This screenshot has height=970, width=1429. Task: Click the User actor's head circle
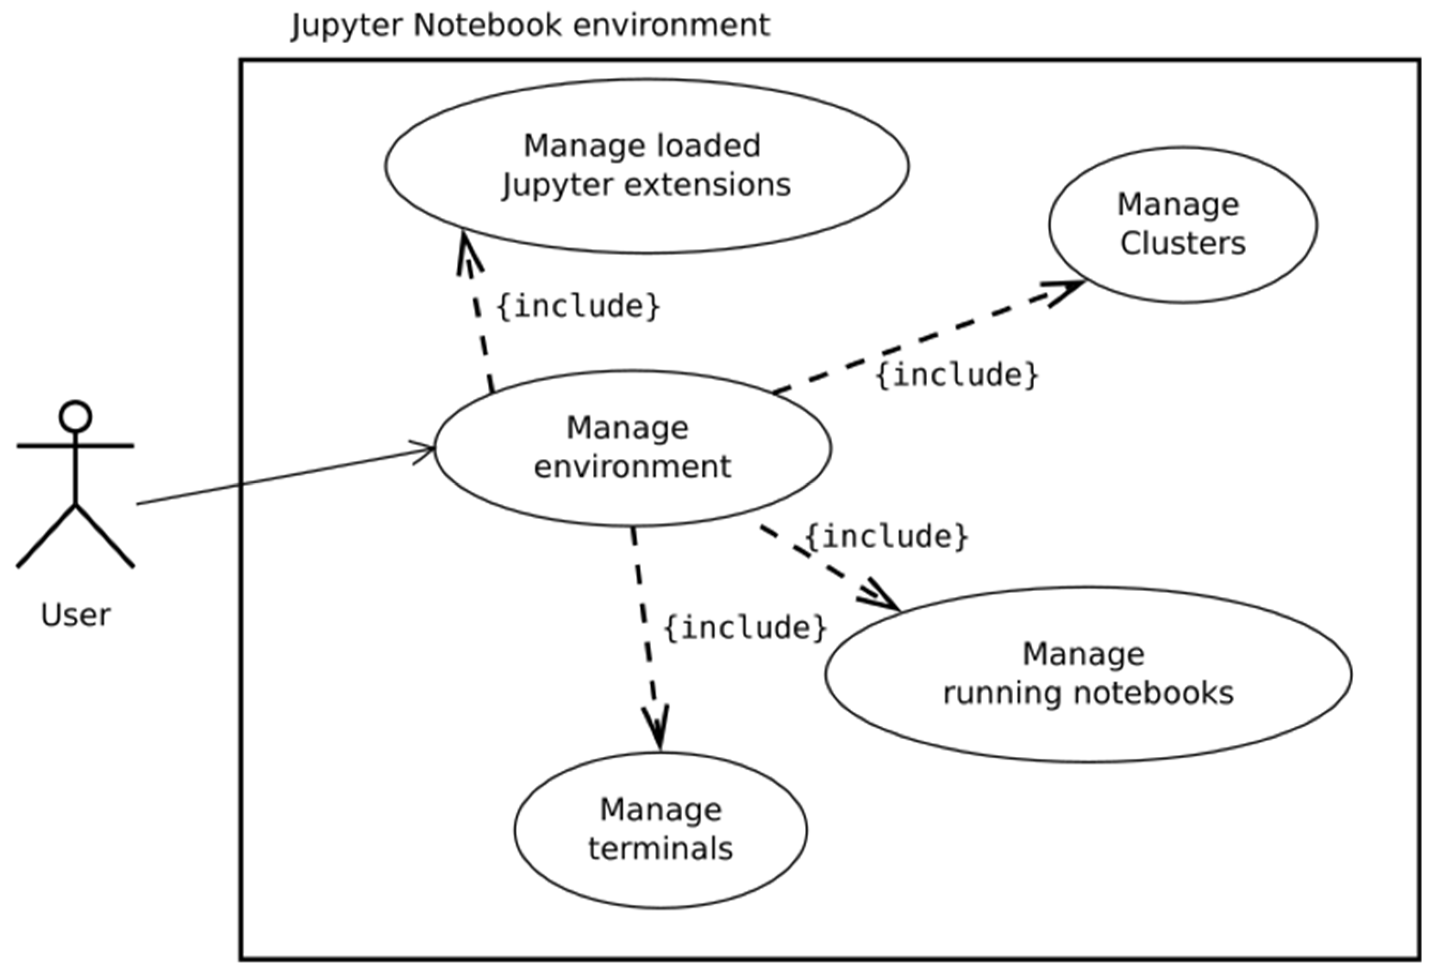click(75, 417)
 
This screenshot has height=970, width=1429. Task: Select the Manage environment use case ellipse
click(633, 448)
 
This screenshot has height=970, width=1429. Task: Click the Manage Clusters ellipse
click(1182, 224)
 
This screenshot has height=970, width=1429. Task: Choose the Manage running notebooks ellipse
click(1089, 673)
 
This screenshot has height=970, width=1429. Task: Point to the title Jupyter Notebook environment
click(530, 26)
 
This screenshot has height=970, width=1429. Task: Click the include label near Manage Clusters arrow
click(956, 375)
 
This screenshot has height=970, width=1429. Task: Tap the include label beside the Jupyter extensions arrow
click(578, 306)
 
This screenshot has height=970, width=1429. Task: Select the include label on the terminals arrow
click(745, 627)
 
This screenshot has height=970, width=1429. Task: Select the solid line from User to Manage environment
click(283, 478)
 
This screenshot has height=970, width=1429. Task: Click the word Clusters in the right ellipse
click(1182, 244)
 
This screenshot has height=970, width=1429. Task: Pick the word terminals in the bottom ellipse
click(660, 849)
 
